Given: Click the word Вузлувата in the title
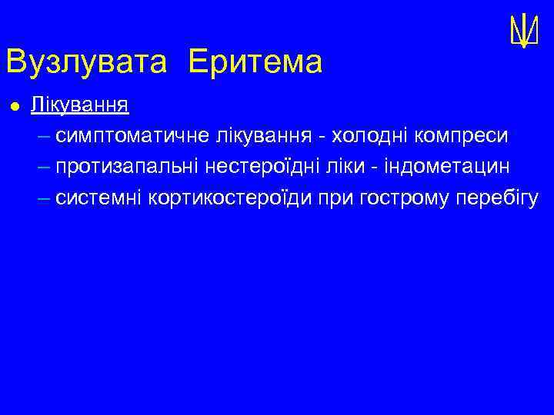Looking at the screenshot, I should pyautogui.click(x=85, y=62).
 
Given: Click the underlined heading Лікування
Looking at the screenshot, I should pyautogui.click(x=79, y=105).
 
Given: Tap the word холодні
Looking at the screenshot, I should pyautogui.click(x=370, y=136).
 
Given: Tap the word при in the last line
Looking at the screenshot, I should pyautogui.click(x=335, y=198).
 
